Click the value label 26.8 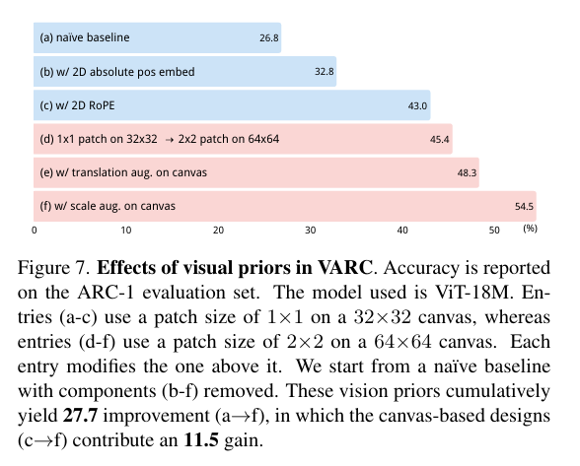pyautogui.click(x=269, y=39)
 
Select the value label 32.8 pyautogui.click(x=325, y=73)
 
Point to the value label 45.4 pyautogui.click(x=440, y=140)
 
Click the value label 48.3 pyautogui.click(x=467, y=173)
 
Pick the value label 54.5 pyautogui.click(x=524, y=207)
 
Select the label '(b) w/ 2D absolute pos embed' pyautogui.click(x=117, y=72)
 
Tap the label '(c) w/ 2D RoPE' pyautogui.click(x=79, y=105)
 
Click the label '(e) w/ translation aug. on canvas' pyautogui.click(x=123, y=172)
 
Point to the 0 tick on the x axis pyautogui.click(x=35, y=230)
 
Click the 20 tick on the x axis pyautogui.click(x=218, y=230)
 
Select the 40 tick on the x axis pyautogui.click(x=401, y=230)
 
